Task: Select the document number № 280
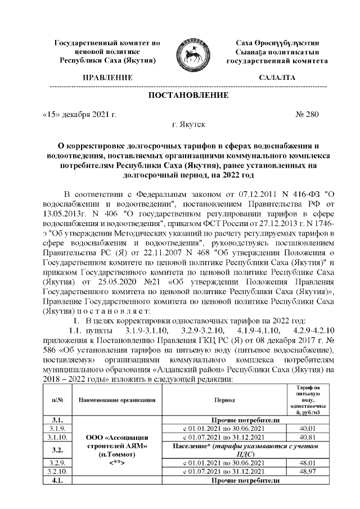pyautogui.click(x=307, y=115)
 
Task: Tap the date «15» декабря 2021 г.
pyautogui.click(x=79, y=115)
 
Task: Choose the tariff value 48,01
pyautogui.click(x=307, y=463)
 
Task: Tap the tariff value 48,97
pyautogui.click(x=307, y=472)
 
